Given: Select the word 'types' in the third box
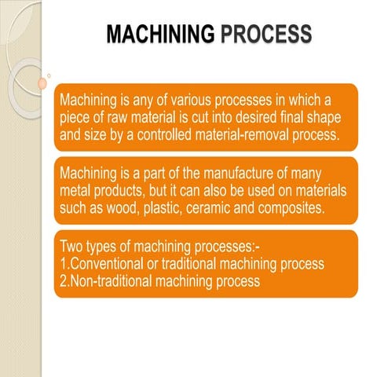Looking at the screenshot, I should pyautogui.click(x=108, y=248).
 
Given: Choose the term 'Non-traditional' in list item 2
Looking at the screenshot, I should pyautogui.click(x=108, y=280).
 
